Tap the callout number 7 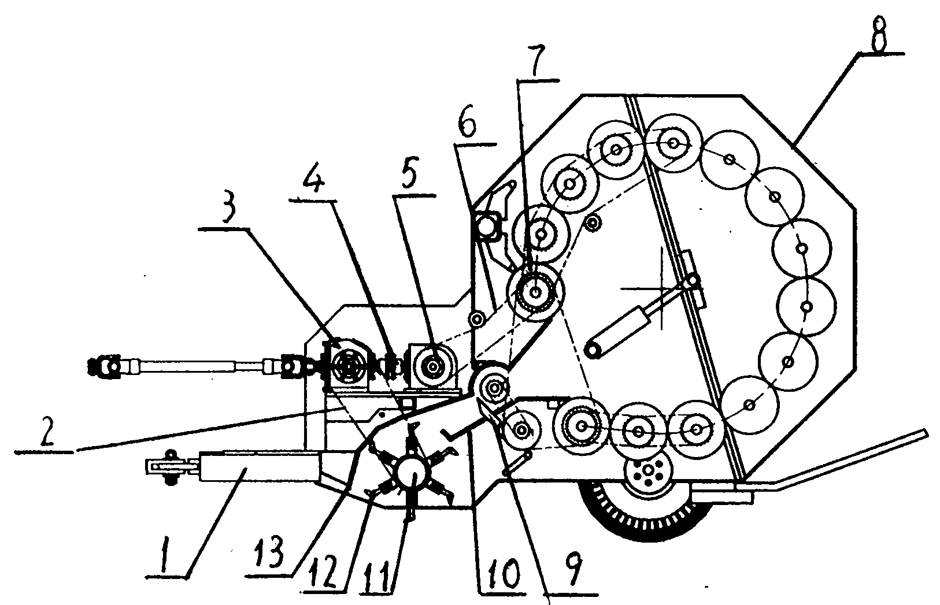coord(536,60)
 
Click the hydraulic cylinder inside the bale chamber coord(620,332)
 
